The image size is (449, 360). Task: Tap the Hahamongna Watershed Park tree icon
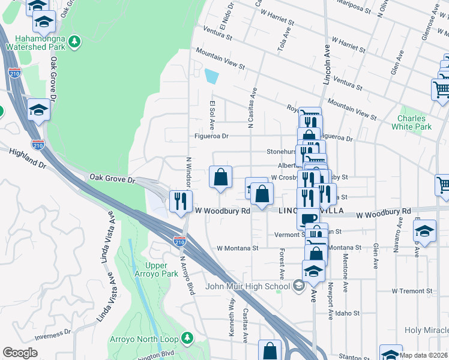74,41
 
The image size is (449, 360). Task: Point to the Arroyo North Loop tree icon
187,338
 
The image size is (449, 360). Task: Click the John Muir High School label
256,286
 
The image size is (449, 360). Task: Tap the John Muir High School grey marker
298,286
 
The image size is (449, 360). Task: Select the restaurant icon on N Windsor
181,200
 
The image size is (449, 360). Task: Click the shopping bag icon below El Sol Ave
220,177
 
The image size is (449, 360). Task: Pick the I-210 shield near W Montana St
179,241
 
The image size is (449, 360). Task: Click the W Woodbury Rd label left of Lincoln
223,211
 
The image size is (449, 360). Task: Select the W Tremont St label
412,291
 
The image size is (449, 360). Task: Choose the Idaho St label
348,313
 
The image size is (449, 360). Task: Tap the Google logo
20,353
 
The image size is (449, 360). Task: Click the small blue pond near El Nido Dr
212,76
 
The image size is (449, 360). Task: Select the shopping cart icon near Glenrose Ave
441,89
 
